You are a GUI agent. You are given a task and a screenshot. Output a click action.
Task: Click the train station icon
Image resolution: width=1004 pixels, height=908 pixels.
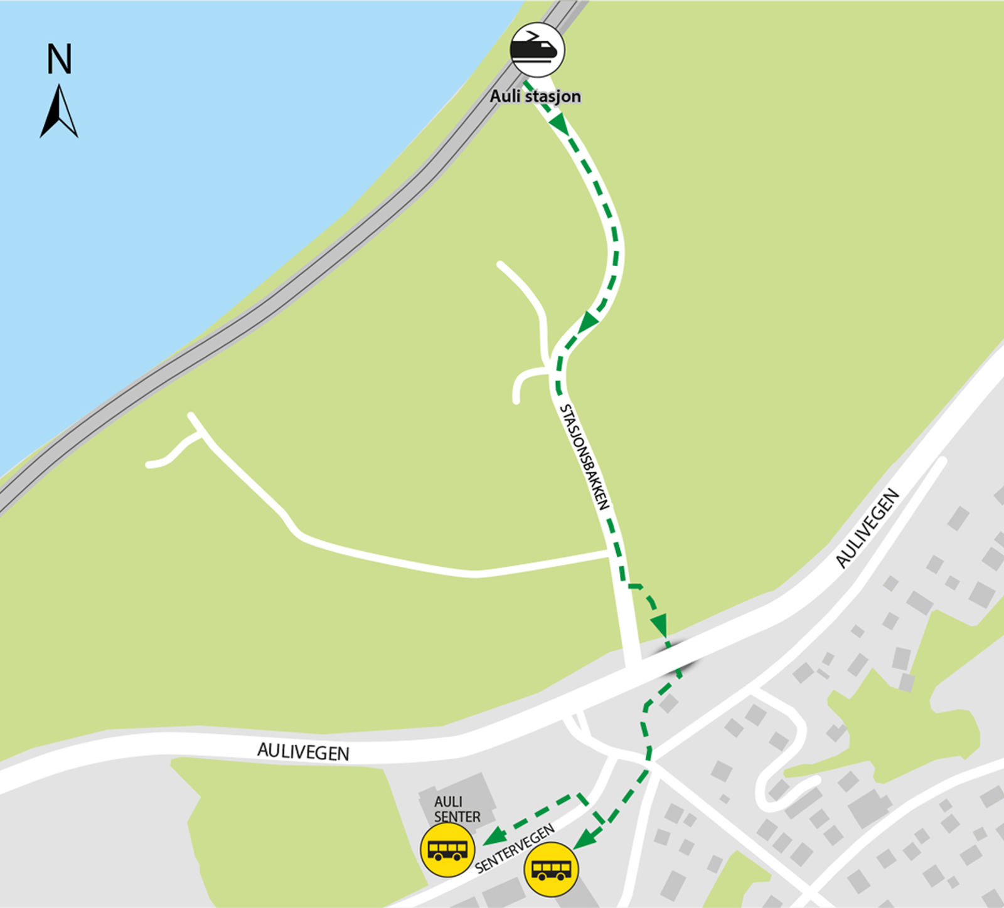click(x=537, y=50)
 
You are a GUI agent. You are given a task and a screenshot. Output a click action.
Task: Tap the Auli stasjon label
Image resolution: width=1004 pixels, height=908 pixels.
click(x=535, y=97)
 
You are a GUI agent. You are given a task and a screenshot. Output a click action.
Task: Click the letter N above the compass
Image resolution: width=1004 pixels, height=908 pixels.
click(x=60, y=59)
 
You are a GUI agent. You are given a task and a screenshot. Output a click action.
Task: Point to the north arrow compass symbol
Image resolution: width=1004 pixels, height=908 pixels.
click(x=58, y=112)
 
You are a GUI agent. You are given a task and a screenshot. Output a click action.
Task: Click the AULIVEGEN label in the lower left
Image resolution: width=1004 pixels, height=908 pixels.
click(x=303, y=751)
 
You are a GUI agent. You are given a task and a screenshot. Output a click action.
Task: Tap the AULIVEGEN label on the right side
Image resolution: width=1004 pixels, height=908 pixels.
click(x=868, y=528)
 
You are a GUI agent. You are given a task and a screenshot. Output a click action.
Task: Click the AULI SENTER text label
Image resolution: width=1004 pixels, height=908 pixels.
click(x=457, y=809)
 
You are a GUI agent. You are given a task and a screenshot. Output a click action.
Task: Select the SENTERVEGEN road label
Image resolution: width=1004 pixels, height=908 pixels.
click(x=515, y=848)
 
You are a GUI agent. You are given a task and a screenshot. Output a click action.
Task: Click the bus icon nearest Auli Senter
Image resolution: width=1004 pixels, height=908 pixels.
click(x=447, y=850)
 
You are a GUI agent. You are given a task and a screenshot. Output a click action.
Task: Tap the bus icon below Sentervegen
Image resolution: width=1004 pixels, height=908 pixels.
click(x=552, y=870)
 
